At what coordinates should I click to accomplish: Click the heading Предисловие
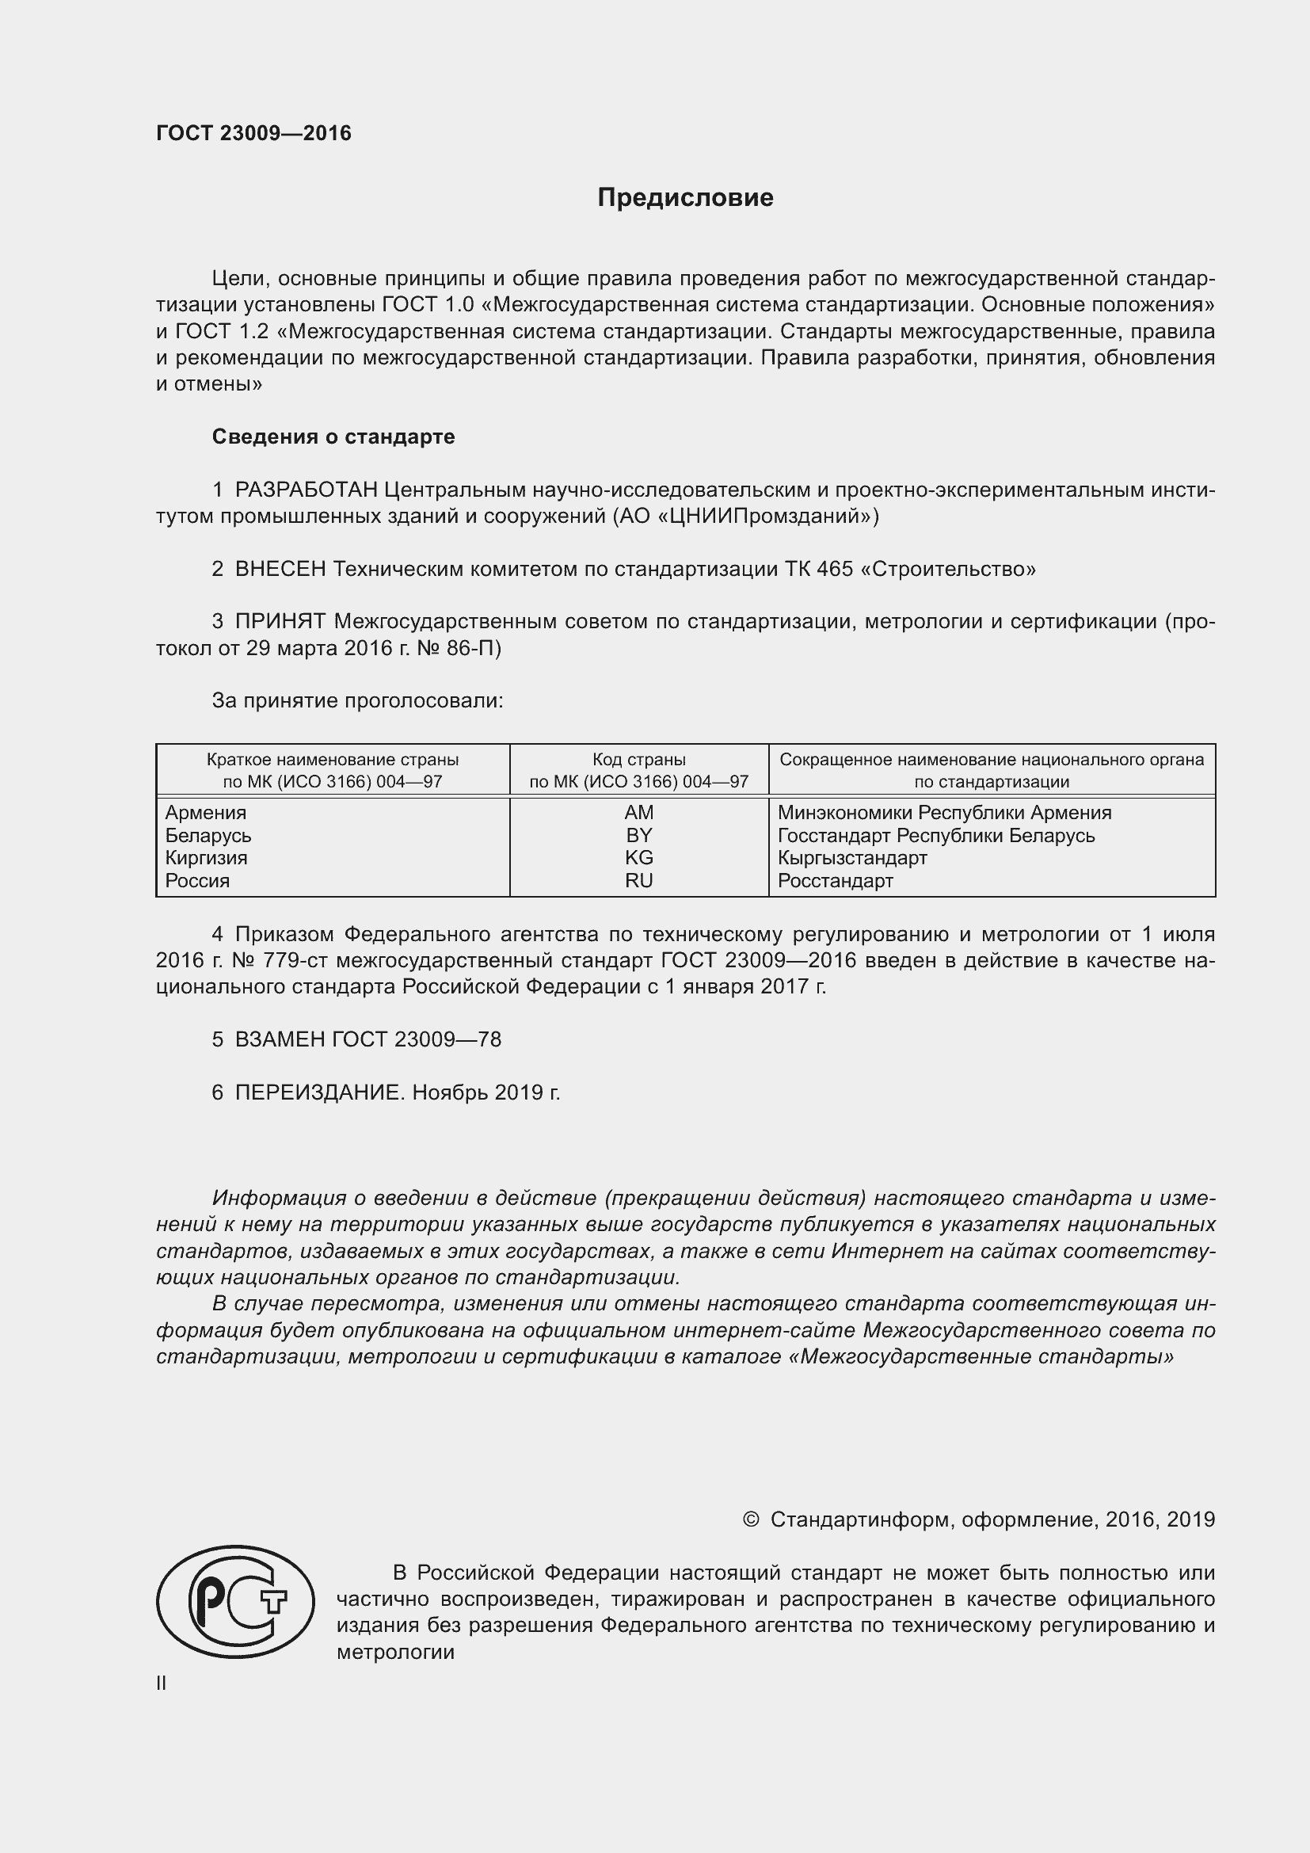point(685,198)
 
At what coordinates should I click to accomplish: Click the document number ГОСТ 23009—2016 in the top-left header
point(253,133)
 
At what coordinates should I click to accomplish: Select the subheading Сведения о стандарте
point(333,437)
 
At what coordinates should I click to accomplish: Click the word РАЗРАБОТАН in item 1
point(306,490)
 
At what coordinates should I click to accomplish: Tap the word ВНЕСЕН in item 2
point(280,569)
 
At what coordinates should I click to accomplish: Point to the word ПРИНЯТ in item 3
point(280,621)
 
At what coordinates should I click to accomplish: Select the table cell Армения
point(206,813)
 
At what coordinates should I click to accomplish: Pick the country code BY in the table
point(638,835)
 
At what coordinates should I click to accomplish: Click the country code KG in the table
point(638,858)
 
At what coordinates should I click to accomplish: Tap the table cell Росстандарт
point(835,880)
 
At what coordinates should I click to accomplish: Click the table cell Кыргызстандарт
point(852,858)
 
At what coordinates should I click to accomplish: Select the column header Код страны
point(638,760)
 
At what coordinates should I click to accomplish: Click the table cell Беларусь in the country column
point(208,835)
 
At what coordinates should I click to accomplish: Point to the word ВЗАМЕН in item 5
point(280,1039)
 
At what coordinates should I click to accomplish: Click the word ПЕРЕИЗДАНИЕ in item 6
point(317,1092)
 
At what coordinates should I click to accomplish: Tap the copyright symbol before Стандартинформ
point(750,1519)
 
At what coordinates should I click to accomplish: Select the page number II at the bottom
point(162,1683)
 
